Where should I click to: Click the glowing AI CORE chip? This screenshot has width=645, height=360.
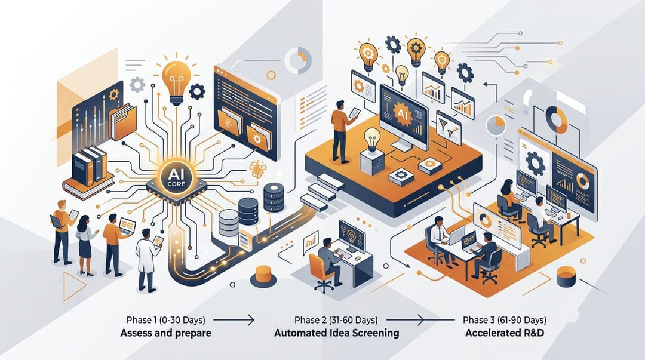click(x=176, y=179)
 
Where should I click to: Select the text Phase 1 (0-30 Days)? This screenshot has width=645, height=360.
click(x=166, y=319)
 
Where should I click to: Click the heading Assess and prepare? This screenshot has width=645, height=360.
click(x=166, y=333)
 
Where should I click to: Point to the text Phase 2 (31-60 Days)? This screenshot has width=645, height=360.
click(x=336, y=319)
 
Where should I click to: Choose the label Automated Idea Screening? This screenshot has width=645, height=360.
click(x=336, y=333)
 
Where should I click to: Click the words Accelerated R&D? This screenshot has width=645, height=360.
click(x=505, y=333)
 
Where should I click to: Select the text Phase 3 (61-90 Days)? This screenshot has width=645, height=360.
click(x=505, y=319)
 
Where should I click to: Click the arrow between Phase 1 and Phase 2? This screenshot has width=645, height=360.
click(x=234, y=319)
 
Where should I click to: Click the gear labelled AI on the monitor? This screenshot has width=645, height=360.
click(x=403, y=114)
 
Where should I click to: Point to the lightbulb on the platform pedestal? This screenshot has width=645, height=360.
click(x=373, y=140)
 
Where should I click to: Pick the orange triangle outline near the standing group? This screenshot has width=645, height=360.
click(x=75, y=286)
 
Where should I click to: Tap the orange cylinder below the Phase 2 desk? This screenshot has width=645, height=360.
click(x=263, y=276)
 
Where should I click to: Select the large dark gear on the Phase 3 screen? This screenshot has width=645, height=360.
click(x=535, y=164)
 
